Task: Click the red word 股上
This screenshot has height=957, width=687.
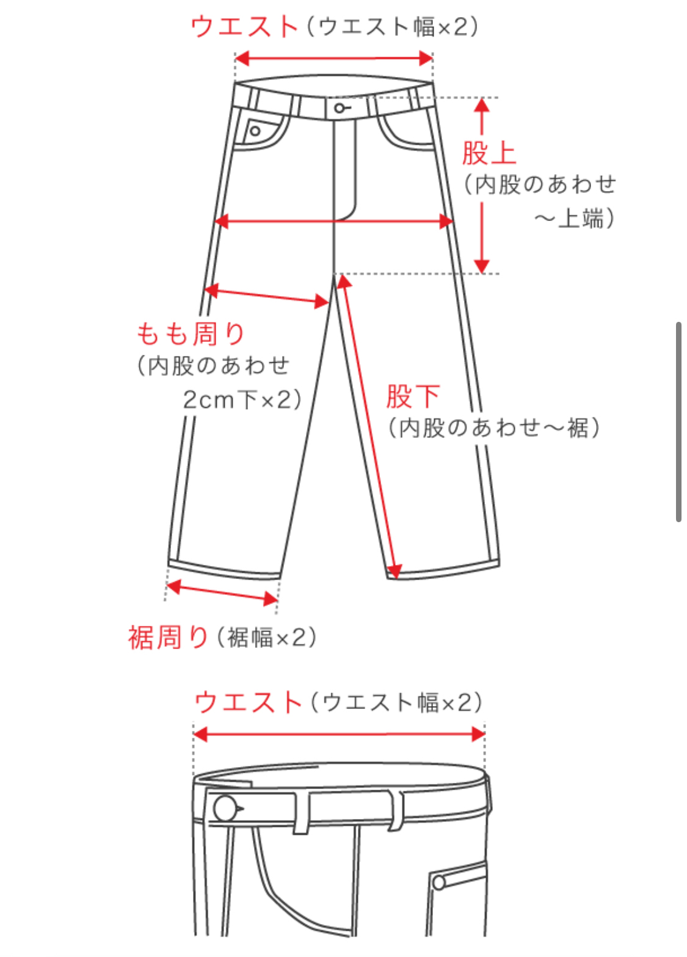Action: point(489,153)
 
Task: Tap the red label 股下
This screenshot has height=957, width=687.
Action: point(413,396)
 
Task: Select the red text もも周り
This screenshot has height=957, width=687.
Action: point(191,334)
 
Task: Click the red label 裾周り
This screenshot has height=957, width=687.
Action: point(169,638)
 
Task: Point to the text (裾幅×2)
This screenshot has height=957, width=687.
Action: point(266,638)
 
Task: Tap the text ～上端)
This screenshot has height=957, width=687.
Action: point(574,218)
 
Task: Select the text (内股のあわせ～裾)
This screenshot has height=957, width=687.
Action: point(493,428)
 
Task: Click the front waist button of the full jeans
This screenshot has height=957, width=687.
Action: point(338,109)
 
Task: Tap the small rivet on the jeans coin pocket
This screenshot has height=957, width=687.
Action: point(255,131)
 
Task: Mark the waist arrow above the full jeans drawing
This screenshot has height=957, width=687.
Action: point(333,59)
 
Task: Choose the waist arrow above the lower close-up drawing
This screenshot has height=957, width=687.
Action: point(339,734)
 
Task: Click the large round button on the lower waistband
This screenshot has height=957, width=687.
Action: point(225,809)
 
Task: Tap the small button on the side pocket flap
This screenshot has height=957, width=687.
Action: point(438,882)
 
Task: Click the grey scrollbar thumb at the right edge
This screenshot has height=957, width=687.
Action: point(678,421)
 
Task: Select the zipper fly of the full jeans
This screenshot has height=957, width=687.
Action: point(344,171)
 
